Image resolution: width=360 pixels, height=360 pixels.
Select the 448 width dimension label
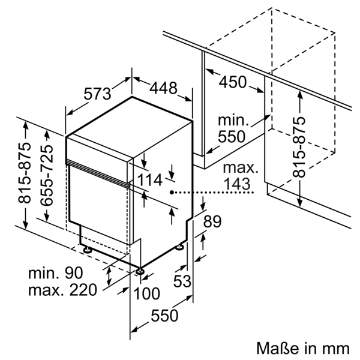(163, 88)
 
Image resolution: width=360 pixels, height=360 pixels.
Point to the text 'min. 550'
(232, 127)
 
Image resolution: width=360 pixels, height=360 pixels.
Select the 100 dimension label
(146, 293)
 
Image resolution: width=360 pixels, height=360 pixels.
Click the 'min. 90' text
(55, 273)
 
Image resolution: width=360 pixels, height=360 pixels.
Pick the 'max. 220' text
(62, 291)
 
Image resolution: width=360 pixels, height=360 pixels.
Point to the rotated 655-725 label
(49, 173)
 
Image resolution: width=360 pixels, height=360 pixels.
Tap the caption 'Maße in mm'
(302, 348)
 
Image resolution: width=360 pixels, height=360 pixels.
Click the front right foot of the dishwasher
(140, 271)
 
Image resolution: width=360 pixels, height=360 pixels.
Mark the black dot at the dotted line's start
(172, 193)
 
